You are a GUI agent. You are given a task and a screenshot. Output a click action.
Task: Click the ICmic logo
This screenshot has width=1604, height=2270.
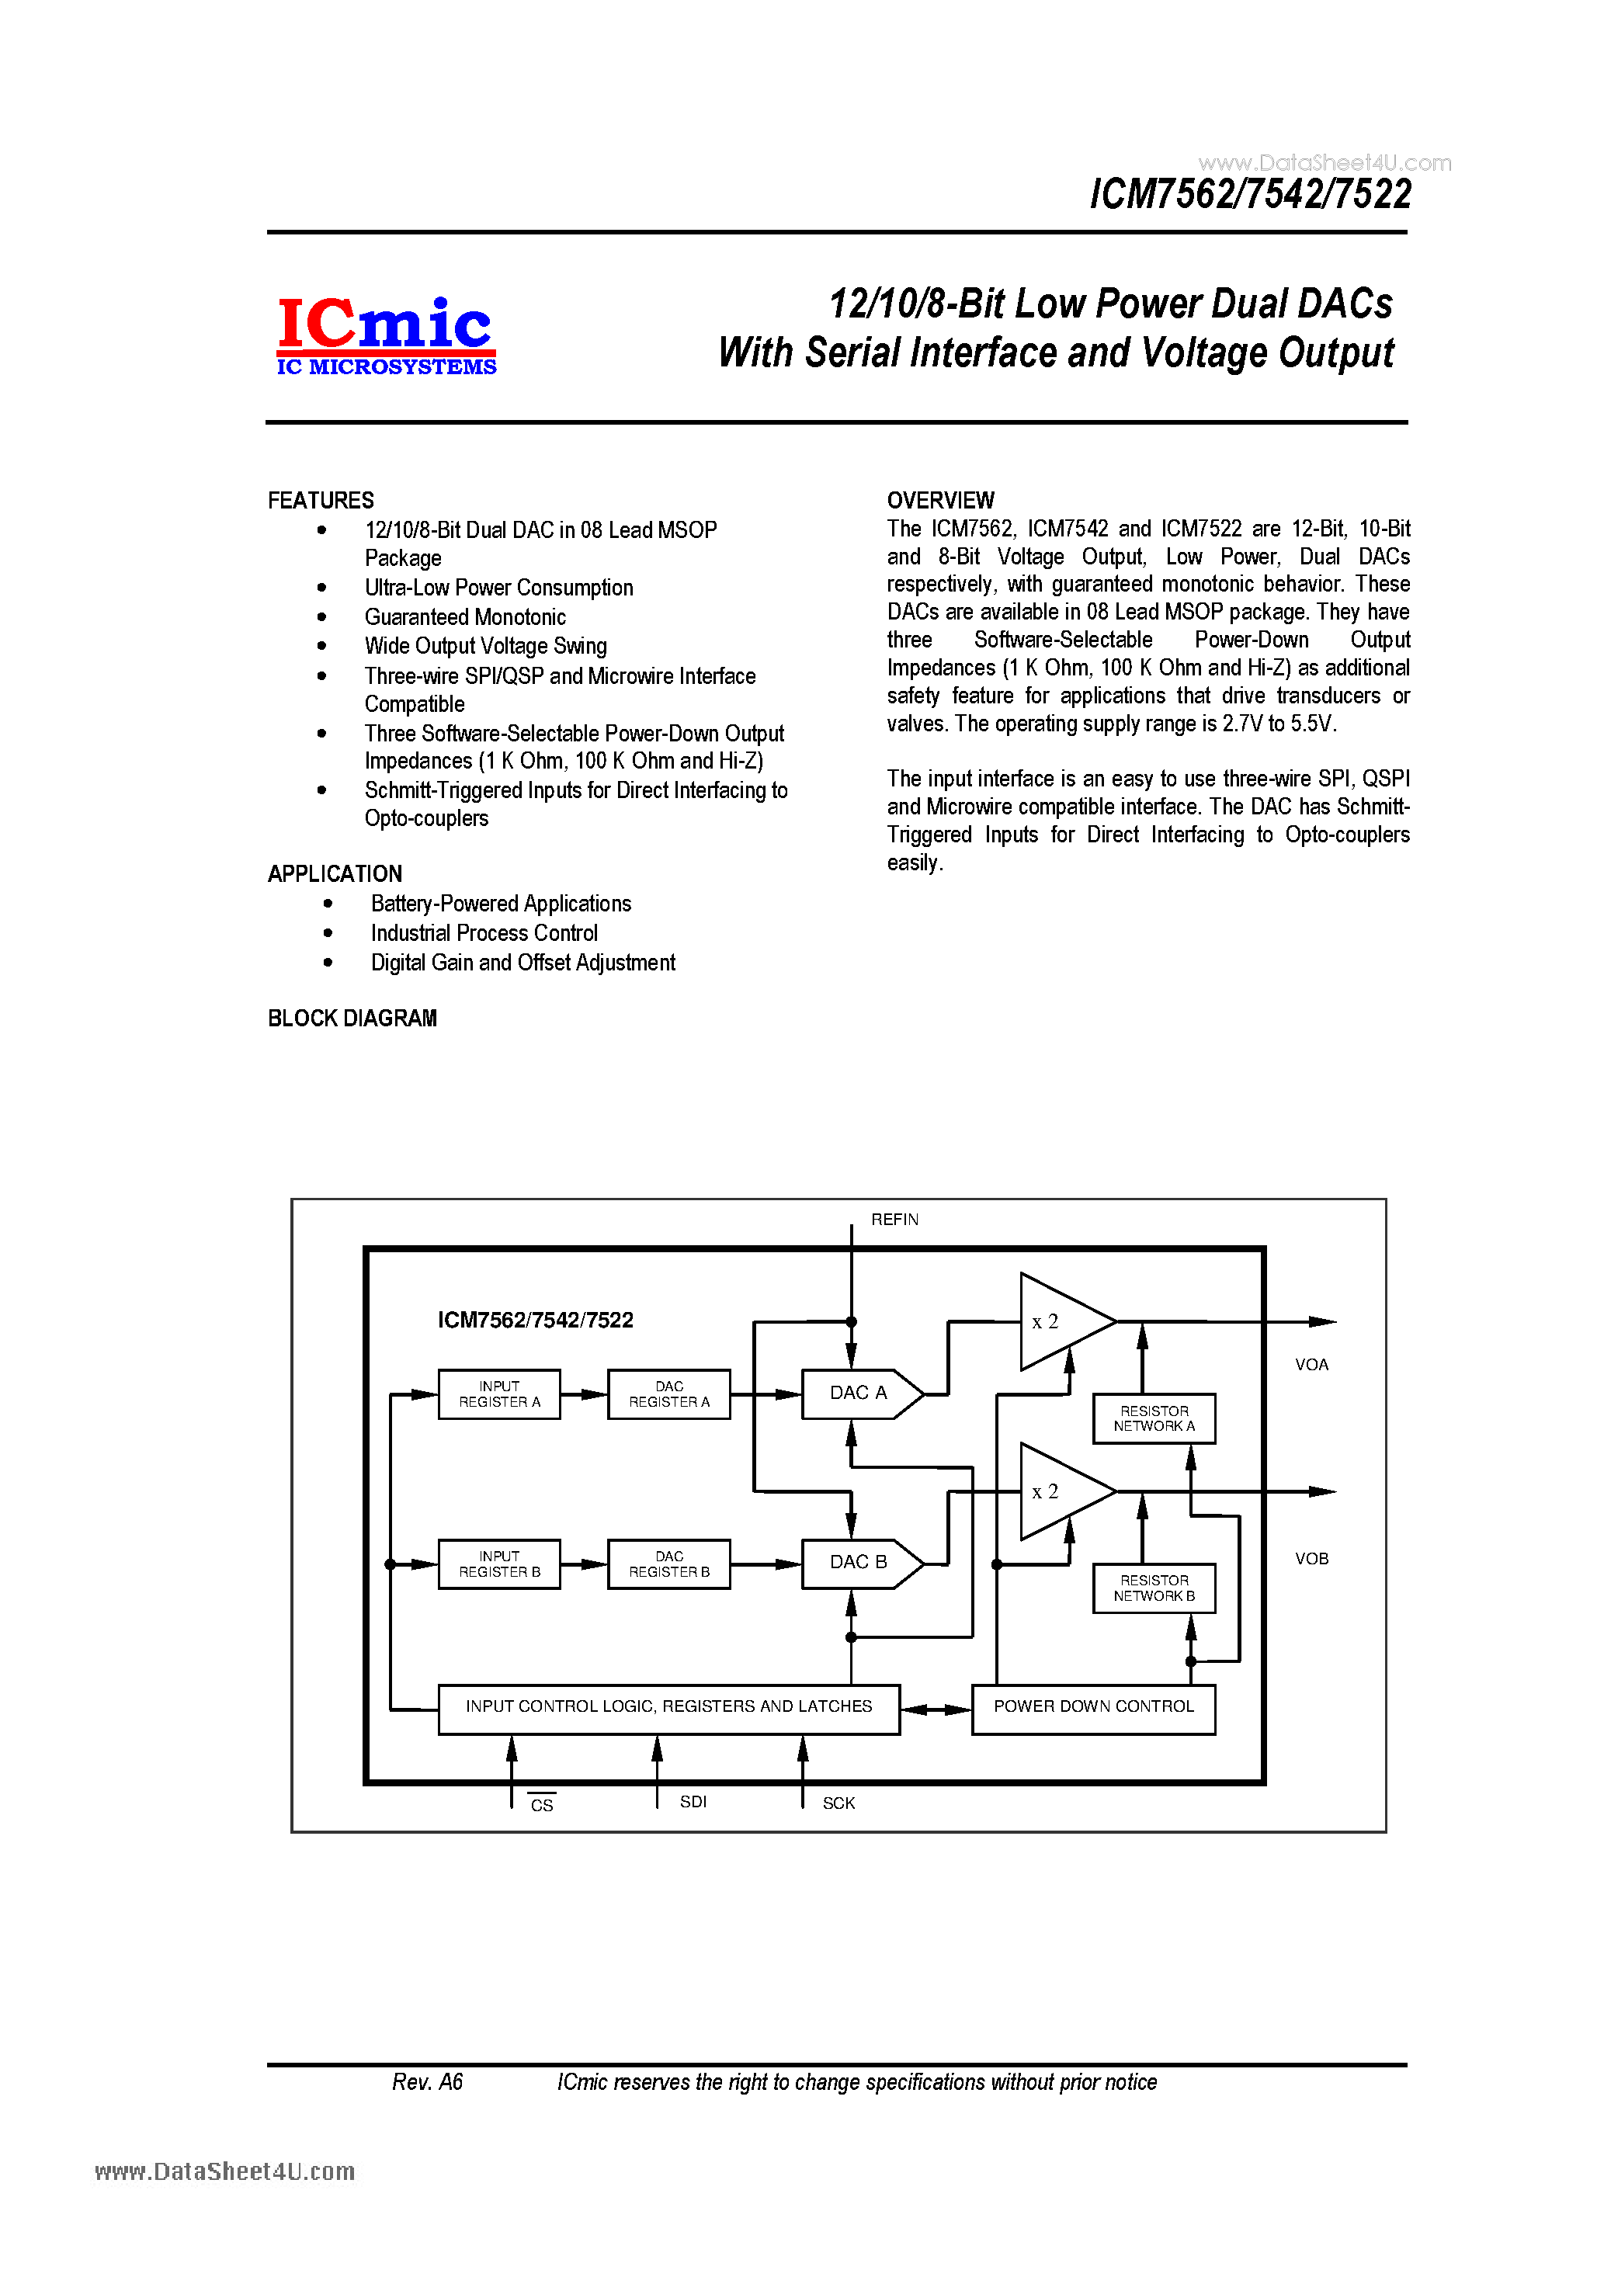click(x=386, y=336)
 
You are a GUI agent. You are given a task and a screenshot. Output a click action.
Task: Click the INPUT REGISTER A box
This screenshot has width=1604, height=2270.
click(x=499, y=1394)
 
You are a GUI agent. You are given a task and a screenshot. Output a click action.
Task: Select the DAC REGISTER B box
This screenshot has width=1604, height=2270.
click(x=668, y=1564)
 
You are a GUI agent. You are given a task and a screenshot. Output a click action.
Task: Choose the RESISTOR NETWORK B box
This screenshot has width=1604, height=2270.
click(x=1153, y=1588)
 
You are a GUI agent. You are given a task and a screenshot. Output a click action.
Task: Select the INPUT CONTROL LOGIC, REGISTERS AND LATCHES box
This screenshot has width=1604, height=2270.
click(x=668, y=1707)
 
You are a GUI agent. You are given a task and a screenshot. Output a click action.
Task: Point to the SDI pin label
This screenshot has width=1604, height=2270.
click(x=693, y=1801)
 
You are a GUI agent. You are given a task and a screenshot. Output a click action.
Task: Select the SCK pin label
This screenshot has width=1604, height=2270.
click(x=838, y=1803)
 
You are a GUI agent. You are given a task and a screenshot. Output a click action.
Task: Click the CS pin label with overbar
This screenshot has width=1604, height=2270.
click(x=542, y=1804)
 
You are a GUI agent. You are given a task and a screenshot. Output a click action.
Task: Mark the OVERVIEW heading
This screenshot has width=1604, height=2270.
click(x=940, y=500)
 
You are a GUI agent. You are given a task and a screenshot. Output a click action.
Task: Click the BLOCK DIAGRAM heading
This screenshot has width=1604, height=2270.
click(x=352, y=1019)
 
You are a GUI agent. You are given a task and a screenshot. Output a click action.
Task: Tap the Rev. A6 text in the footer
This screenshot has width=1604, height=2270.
click(x=427, y=2082)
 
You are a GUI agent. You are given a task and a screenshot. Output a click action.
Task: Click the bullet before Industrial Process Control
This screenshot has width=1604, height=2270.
click(x=328, y=933)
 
